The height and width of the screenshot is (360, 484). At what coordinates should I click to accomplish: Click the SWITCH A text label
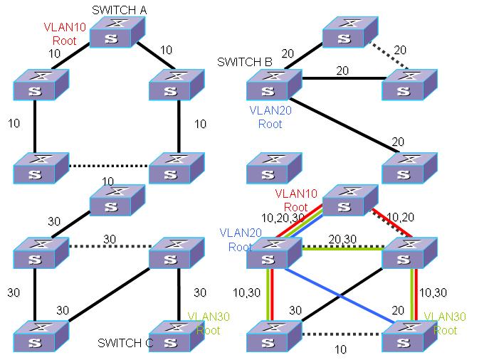tap(120, 10)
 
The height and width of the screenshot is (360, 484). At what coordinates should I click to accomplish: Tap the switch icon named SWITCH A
tap(117, 33)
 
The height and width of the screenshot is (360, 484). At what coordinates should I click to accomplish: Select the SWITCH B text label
tap(244, 63)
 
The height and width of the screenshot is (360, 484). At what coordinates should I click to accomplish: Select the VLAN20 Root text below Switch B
tap(265, 117)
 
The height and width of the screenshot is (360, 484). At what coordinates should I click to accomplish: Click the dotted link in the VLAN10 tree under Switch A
tap(109, 166)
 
